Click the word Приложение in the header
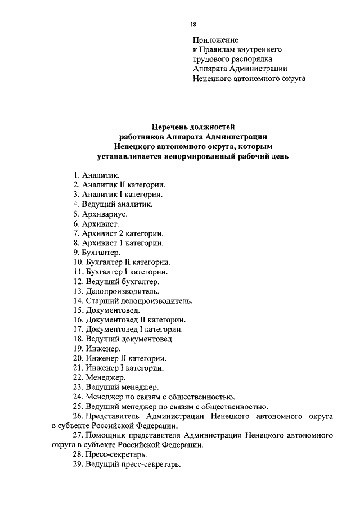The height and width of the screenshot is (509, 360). pos(216,40)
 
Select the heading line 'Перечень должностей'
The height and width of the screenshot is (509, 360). pos(193,127)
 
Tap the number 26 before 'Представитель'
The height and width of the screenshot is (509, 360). pos(78,416)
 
